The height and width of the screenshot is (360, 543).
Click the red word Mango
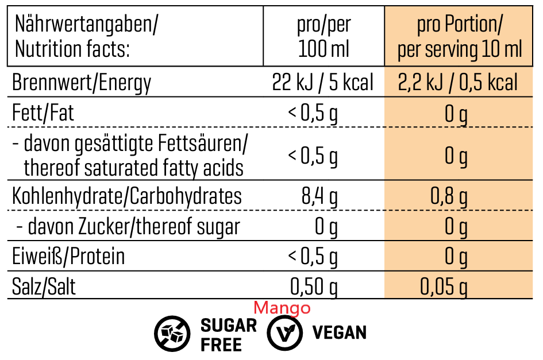coord(282,308)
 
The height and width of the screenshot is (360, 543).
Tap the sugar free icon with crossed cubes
coord(172,334)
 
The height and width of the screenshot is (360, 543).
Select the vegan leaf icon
coord(284,334)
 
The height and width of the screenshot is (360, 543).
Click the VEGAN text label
coord(339,332)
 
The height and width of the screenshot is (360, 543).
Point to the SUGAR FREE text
coord(228,335)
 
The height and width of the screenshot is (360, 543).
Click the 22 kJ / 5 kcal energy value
coord(322,83)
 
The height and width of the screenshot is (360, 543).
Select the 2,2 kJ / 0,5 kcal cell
coord(457,83)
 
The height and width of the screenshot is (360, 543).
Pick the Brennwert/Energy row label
coord(82,83)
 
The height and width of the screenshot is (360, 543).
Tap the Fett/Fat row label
coord(44,113)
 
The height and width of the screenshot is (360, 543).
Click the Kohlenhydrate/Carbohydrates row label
coord(127,196)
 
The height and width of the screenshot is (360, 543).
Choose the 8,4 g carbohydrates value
coord(319,197)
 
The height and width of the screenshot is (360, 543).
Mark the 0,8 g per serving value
coord(449,197)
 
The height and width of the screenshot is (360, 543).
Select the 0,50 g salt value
coord(314,287)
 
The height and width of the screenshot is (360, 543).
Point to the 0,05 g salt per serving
coord(444,287)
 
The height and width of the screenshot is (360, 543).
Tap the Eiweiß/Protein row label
coord(68,256)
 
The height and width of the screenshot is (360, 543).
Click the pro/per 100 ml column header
coord(324,37)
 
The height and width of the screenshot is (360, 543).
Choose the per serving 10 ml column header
coord(460,37)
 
